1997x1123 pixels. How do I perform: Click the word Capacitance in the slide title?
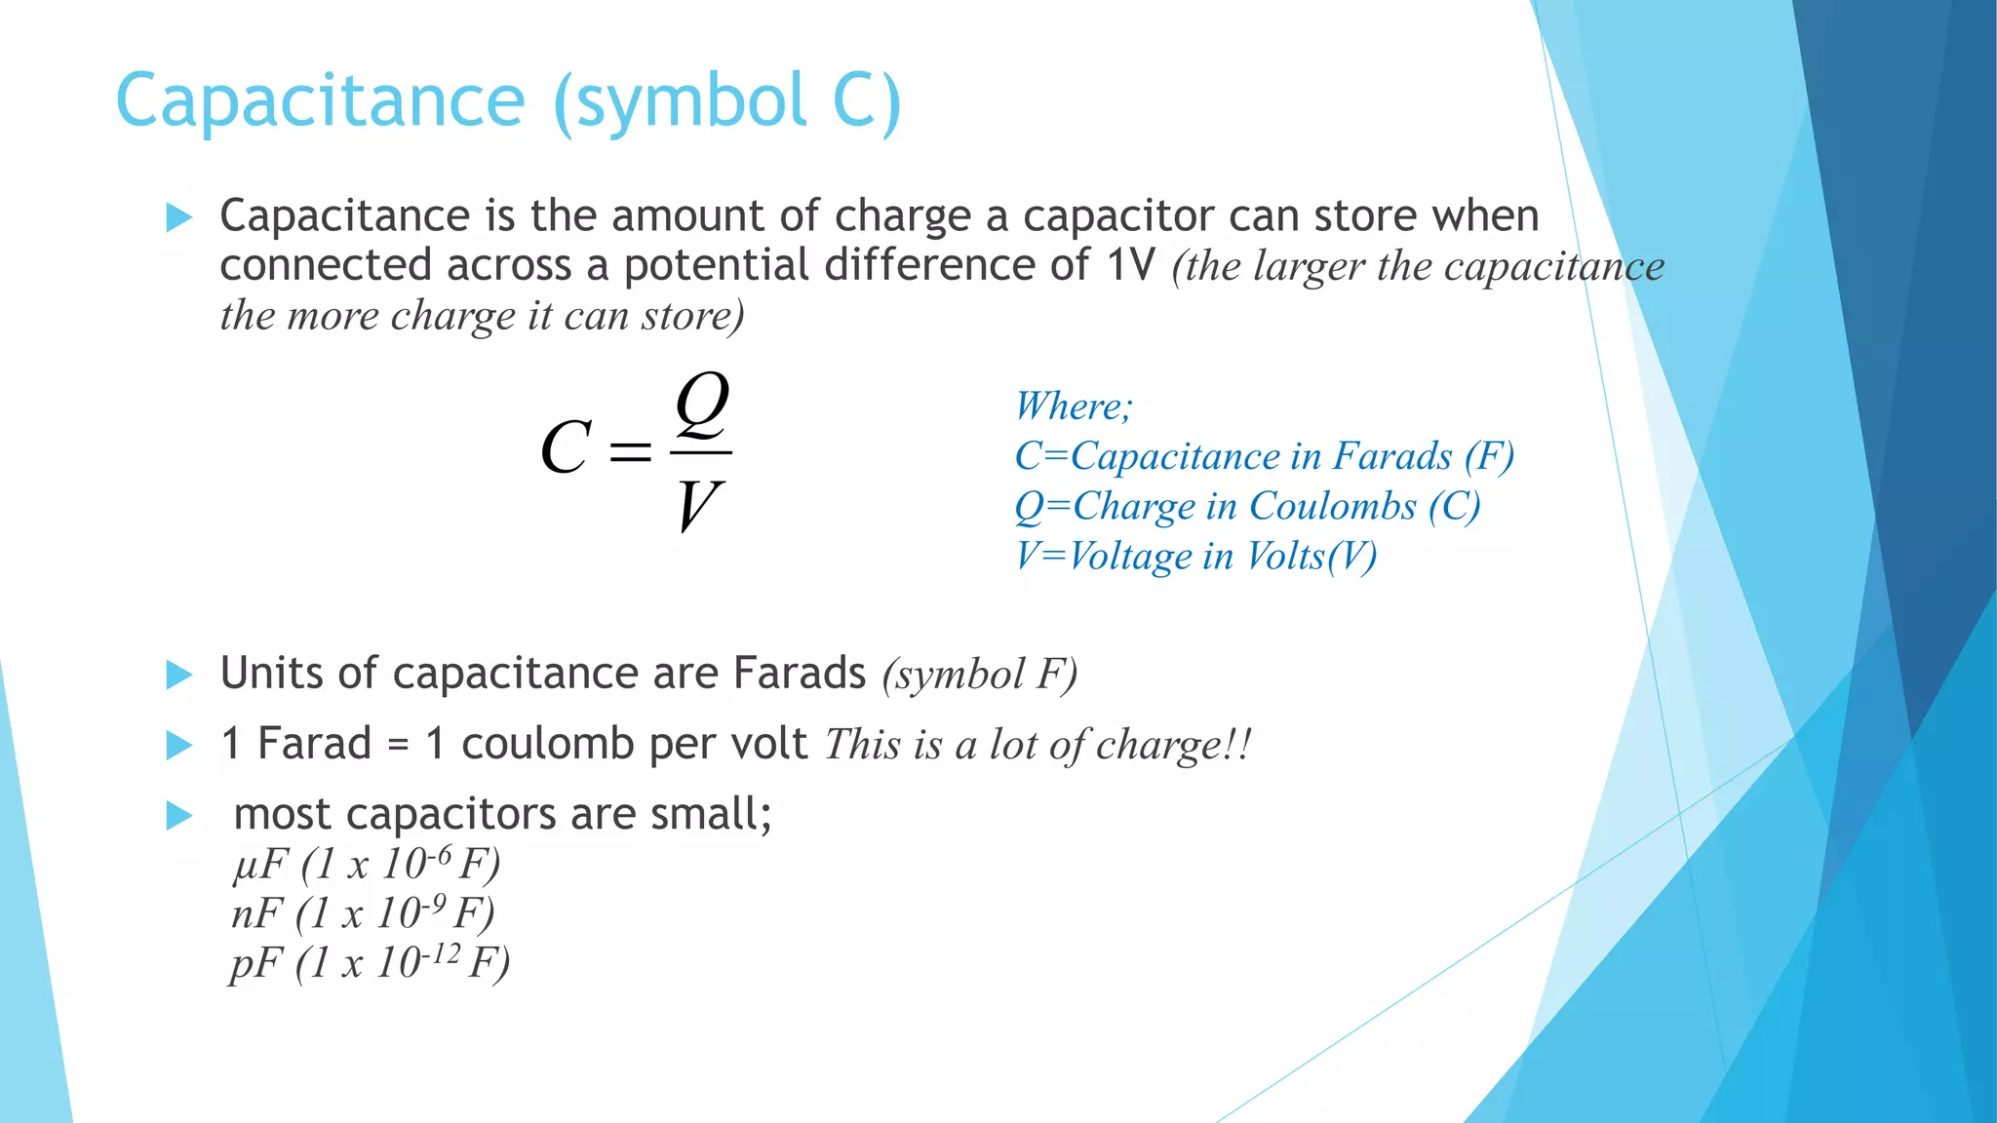(321, 101)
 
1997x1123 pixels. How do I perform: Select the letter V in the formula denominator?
(698, 506)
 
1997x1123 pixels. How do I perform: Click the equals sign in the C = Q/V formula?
(630, 450)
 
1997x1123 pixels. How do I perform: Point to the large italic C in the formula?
(566, 448)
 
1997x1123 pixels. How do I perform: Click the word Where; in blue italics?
(1073, 407)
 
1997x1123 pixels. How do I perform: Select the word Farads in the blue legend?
(1392, 456)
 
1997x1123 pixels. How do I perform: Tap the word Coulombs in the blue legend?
(1332, 506)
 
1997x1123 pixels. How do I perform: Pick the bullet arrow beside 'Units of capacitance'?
(179, 675)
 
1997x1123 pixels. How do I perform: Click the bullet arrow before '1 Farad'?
(179, 746)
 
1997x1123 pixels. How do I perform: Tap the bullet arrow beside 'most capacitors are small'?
(179, 815)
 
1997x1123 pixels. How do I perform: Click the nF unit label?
(256, 914)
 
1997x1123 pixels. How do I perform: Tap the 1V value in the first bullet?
(1131, 265)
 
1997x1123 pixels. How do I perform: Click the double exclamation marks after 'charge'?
(1238, 746)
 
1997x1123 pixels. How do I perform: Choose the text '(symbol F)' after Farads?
(980, 675)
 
